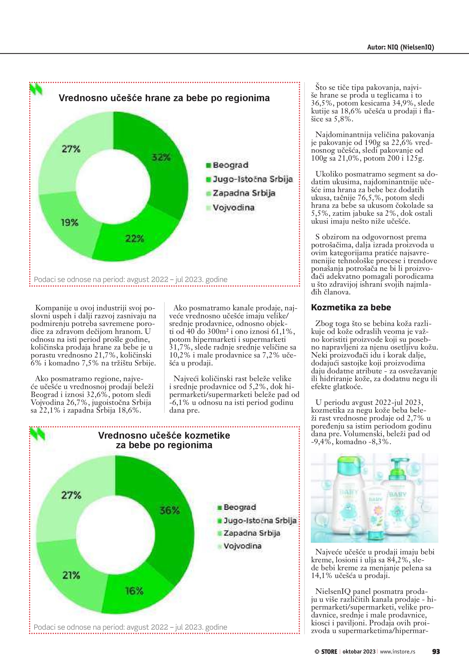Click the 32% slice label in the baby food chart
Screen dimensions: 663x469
[x=161, y=157]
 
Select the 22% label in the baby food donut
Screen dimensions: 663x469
[x=135, y=239]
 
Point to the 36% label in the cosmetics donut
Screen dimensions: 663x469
[x=169, y=511]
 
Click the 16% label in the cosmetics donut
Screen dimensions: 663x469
[x=134, y=591]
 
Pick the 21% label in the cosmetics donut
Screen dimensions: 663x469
[x=71, y=575]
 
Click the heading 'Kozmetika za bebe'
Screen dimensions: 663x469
[x=351, y=308]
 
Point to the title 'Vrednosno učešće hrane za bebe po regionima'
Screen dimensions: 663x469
[x=164, y=98]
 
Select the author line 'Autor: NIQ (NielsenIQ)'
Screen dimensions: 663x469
[x=400, y=47]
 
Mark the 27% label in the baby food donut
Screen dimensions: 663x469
[x=71, y=149]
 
